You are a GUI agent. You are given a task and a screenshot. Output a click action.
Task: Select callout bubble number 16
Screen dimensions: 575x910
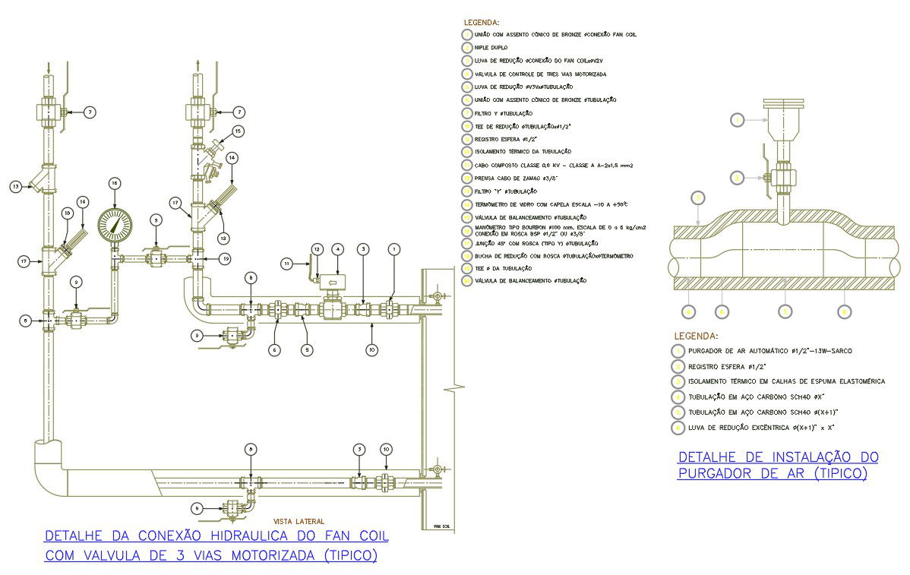(x=115, y=184)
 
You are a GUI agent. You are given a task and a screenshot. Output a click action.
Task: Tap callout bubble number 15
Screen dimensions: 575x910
(x=238, y=131)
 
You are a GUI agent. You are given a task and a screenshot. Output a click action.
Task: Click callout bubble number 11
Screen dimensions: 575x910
(x=287, y=263)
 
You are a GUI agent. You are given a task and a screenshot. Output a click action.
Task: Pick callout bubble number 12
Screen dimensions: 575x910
(x=318, y=248)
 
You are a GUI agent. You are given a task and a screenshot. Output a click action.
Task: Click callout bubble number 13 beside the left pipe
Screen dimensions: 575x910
(x=15, y=185)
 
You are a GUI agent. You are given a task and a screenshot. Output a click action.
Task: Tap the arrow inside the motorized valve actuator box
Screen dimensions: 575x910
(x=332, y=283)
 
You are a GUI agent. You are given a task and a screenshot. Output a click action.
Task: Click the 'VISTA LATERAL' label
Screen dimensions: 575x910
(x=299, y=521)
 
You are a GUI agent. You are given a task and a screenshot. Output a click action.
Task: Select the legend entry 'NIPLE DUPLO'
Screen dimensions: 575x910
(x=491, y=48)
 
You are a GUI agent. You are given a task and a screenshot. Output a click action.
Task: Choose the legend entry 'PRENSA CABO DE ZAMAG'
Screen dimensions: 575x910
(x=505, y=179)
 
